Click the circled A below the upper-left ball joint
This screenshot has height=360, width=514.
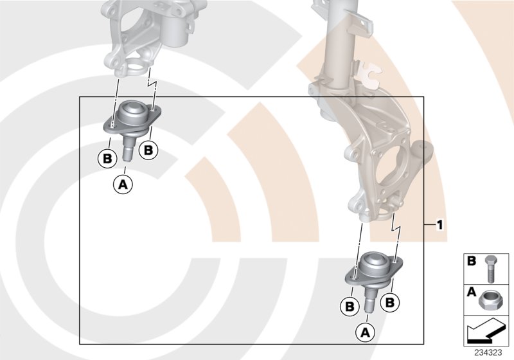click(x=123, y=184)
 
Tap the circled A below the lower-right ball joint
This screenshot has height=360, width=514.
click(x=364, y=332)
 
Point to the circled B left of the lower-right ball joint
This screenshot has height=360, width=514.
click(x=350, y=307)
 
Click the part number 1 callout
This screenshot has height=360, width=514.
click(x=439, y=225)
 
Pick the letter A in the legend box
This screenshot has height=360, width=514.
click(x=471, y=291)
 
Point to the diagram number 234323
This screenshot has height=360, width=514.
click(x=490, y=352)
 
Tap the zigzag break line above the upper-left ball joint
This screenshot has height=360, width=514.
click(x=152, y=82)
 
